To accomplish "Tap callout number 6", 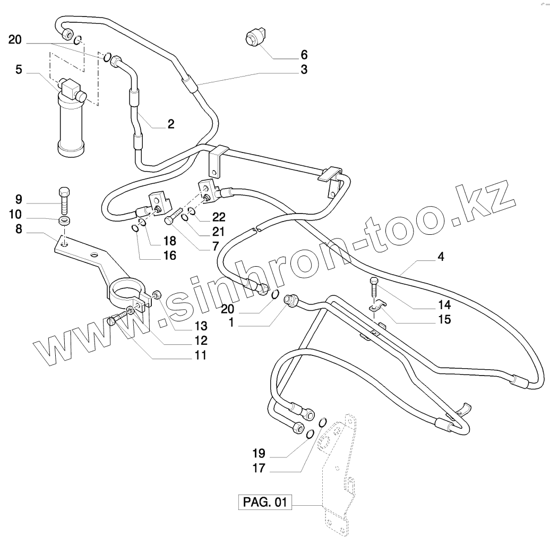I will (x=304, y=55).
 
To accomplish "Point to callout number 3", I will (x=304, y=70).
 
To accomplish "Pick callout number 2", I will (x=170, y=124).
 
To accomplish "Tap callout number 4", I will (x=441, y=257).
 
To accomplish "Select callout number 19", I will (x=259, y=454).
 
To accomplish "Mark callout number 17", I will (x=259, y=469).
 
